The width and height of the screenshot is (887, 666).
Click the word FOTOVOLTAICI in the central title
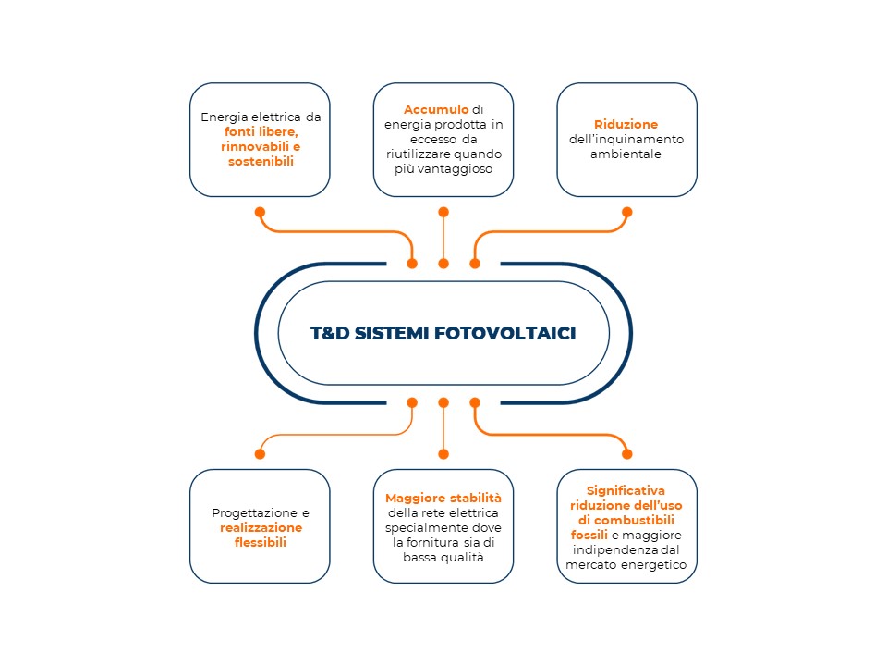tap(505, 333)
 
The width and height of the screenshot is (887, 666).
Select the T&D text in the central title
tap(330, 333)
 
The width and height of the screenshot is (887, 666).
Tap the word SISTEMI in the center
tap(392, 333)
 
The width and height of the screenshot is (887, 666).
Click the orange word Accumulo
tap(436, 109)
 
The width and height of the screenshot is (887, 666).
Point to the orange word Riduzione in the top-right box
tap(626, 124)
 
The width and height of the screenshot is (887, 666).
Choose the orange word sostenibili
tap(261, 161)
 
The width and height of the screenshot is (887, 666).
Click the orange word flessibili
tap(261, 543)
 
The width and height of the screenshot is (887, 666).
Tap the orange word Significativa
tap(626, 490)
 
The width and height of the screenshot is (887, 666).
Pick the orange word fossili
tap(589, 535)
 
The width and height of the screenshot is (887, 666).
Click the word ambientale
tap(626, 154)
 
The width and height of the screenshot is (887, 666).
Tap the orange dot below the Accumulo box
tap(443, 213)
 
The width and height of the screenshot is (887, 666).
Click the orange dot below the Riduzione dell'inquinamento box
tap(626, 213)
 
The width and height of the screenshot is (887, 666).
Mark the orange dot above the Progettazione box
tap(261, 453)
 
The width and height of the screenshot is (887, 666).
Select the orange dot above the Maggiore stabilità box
tap(443, 453)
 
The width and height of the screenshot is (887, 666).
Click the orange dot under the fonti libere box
tap(261, 213)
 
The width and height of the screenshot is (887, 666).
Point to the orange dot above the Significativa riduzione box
tap(626, 453)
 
